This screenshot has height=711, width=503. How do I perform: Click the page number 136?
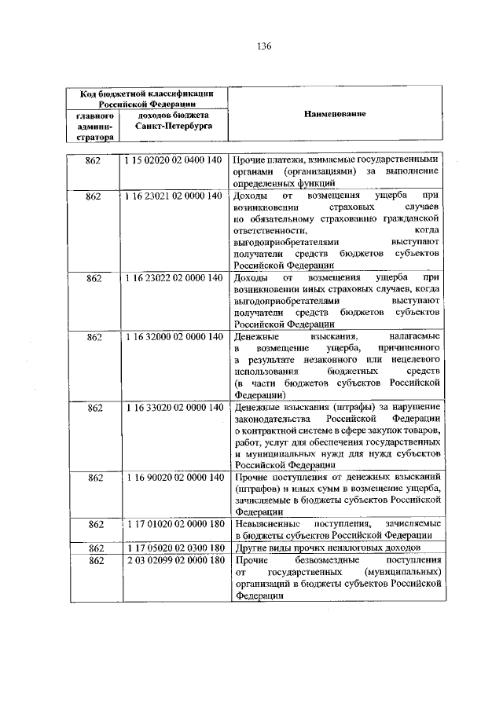[263, 46]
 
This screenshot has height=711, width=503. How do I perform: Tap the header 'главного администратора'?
[94, 126]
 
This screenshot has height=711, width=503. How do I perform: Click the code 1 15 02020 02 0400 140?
[173, 160]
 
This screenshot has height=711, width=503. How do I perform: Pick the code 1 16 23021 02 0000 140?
[173, 195]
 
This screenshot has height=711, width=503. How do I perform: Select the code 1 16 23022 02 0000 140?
[173, 278]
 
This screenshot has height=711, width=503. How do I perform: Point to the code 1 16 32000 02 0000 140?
[173, 336]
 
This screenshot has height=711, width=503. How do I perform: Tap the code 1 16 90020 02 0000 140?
[173, 478]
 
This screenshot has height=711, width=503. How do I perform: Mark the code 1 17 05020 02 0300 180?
[173, 547]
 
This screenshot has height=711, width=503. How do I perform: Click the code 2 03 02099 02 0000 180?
[173, 559]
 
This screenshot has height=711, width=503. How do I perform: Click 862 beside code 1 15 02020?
[94, 160]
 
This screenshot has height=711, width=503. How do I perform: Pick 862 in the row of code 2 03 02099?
[94, 559]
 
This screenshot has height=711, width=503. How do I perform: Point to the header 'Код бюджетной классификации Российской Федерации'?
[141, 97]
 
